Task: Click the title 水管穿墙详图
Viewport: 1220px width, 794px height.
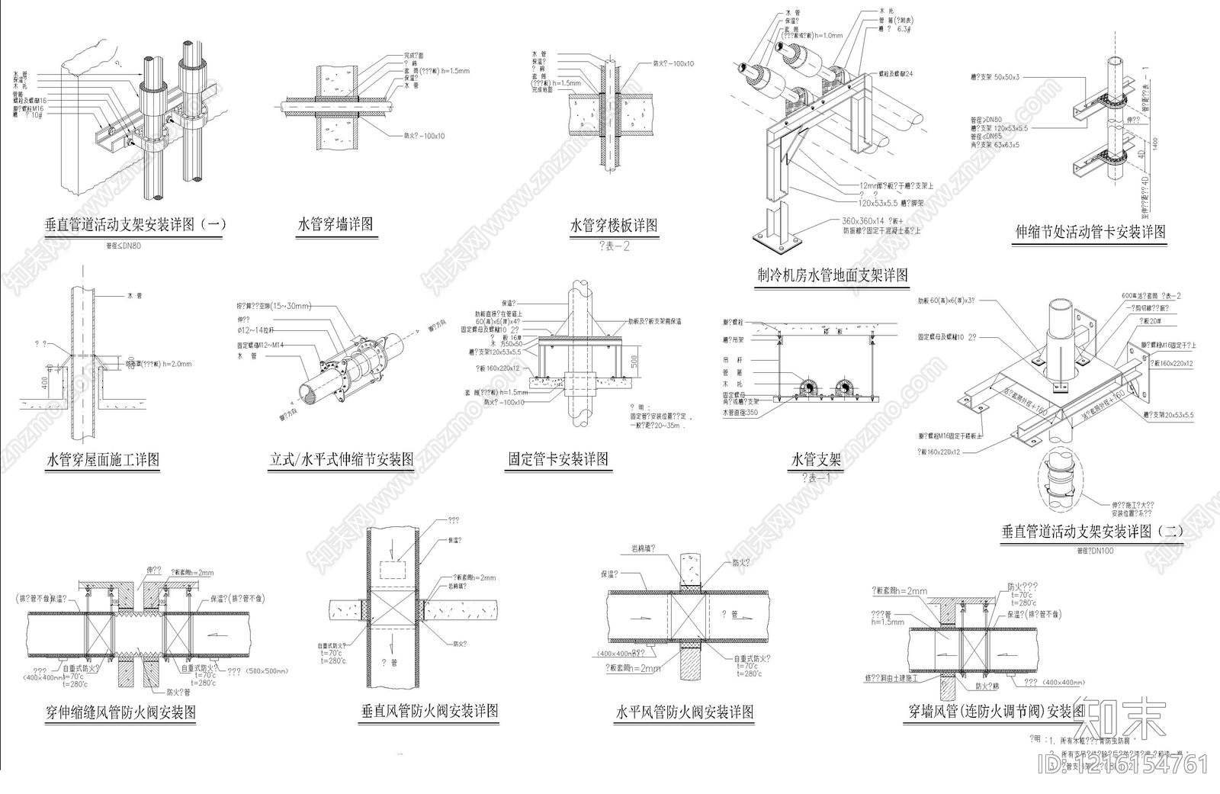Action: (x=335, y=225)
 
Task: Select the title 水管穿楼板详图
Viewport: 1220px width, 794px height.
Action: (x=613, y=226)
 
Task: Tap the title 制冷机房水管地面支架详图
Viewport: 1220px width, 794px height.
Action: (x=833, y=275)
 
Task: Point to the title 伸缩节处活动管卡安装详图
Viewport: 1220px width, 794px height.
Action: (x=1090, y=232)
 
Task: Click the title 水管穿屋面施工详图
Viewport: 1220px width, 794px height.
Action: (x=104, y=460)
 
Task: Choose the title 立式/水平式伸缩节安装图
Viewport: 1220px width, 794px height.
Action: (x=342, y=460)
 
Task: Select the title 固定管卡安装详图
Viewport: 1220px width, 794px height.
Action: (x=558, y=459)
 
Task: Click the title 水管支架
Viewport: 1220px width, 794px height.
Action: (x=816, y=460)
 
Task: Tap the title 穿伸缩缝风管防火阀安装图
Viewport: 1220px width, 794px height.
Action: (x=120, y=712)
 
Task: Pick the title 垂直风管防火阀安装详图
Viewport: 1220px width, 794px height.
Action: (x=429, y=712)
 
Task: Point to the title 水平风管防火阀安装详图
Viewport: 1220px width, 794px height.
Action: (x=685, y=712)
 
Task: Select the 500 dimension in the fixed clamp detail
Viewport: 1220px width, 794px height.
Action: (x=634, y=361)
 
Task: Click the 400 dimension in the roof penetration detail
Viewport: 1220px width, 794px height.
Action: (x=45, y=381)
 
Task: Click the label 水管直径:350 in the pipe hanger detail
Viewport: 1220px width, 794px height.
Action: (x=740, y=413)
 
